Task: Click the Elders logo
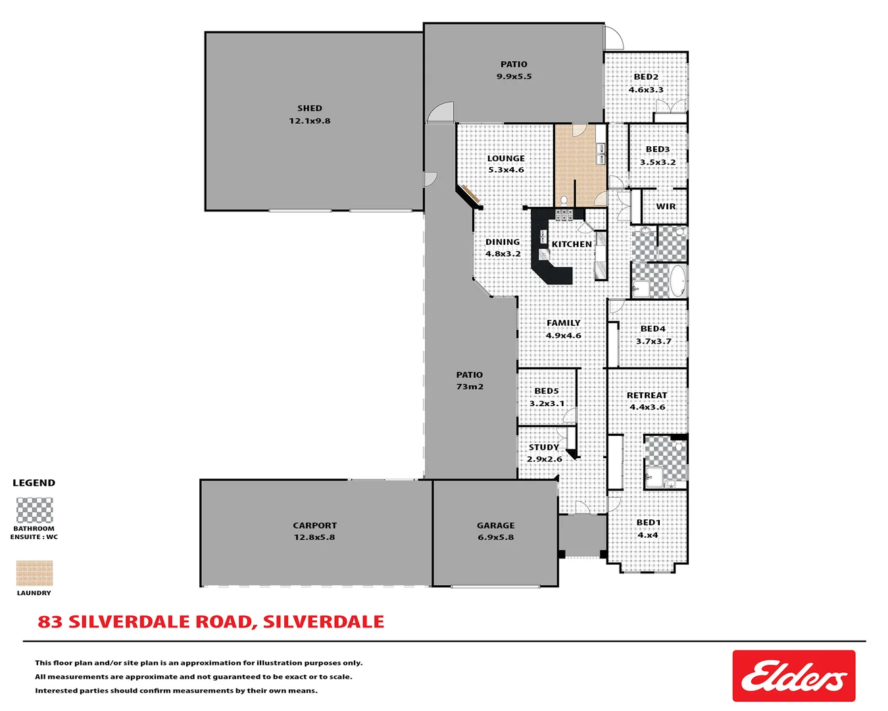point(793,676)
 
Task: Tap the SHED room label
point(309,109)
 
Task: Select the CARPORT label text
point(314,525)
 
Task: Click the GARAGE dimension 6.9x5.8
point(496,537)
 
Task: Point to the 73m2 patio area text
point(470,387)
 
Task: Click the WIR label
point(666,207)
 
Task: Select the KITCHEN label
point(572,244)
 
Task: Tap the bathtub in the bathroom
point(678,280)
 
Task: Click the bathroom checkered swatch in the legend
point(34,510)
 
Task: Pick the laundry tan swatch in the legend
point(34,573)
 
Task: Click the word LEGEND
point(34,483)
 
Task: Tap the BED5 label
point(547,391)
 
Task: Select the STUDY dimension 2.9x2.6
point(545,460)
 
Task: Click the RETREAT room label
point(647,396)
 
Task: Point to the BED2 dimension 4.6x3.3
point(646,90)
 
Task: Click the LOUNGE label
point(506,159)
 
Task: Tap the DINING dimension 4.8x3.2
point(503,254)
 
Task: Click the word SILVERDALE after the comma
point(324,622)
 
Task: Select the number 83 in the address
point(50,622)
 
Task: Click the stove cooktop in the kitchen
point(564,215)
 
